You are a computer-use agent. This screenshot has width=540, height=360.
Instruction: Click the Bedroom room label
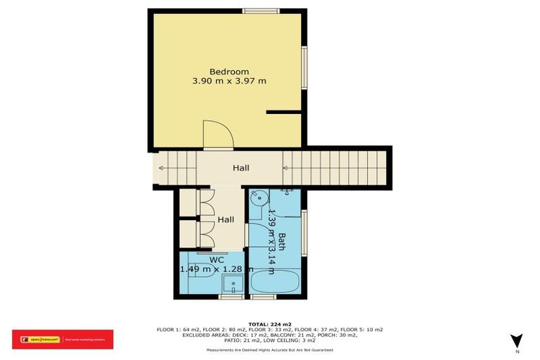pyautogui.click(x=229, y=71)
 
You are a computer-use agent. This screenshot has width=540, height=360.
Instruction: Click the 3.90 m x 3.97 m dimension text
pyautogui.click(x=229, y=81)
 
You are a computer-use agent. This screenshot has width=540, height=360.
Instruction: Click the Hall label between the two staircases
pyautogui.click(x=241, y=168)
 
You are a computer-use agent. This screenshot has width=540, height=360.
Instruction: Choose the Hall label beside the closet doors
pyautogui.click(x=226, y=219)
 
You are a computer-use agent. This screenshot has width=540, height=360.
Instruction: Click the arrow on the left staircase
pyautogui.click(x=164, y=168)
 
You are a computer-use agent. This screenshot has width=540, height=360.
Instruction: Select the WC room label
pyautogui.click(x=217, y=259)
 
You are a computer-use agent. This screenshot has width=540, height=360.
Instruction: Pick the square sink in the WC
pyautogui.click(x=233, y=285)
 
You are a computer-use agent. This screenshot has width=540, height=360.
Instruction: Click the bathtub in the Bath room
pyautogui.click(x=275, y=285)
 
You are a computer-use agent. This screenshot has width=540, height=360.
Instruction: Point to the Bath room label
pyautogui.click(x=281, y=243)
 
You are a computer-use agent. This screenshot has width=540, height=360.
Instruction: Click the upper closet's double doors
pyautogui.click(x=205, y=204)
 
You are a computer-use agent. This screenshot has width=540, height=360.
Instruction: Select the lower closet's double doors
pyautogui.click(x=205, y=234)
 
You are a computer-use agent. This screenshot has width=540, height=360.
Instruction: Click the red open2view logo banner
pyautogui.click(x=63, y=340)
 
